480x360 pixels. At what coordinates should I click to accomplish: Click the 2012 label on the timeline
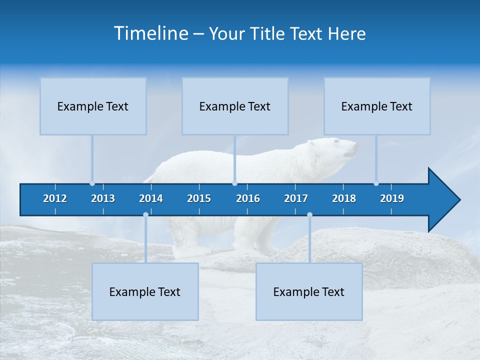[x=55, y=198]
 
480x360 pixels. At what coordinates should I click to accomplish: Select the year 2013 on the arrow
[x=103, y=198]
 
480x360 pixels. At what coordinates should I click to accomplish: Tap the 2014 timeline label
[x=151, y=198]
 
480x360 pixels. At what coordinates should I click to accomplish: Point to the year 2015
[x=199, y=198]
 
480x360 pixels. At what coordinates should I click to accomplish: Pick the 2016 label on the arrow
[x=248, y=198]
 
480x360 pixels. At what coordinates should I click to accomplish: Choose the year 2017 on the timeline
[x=296, y=198]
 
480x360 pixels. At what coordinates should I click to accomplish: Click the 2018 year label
[x=344, y=198]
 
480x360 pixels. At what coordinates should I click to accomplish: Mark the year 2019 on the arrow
[x=392, y=198]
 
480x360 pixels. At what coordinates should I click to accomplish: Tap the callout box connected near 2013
[x=93, y=106]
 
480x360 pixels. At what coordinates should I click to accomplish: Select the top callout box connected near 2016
[x=235, y=106]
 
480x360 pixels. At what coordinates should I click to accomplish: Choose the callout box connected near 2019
[x=377, y=106]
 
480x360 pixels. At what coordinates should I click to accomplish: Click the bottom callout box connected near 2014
[x=145, y=291]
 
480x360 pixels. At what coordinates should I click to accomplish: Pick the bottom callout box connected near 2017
[x=309, y=291]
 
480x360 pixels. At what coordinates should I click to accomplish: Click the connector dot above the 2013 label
[x=92, y=183]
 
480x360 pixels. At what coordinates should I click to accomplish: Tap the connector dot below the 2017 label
[x=309, y=215]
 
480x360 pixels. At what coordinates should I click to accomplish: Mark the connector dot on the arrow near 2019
[x=376, y=183]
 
